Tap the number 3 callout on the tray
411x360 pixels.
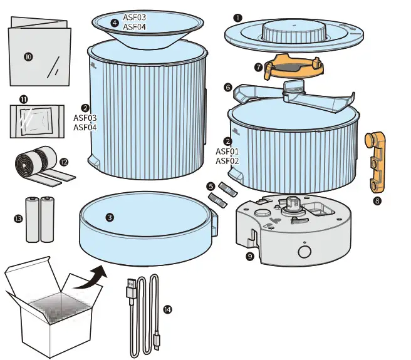(110, 217)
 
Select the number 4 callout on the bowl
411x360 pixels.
(114, 23)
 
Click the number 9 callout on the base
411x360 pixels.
(250, 255)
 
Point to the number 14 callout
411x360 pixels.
(167, 309)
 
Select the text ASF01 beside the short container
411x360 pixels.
(227, 152)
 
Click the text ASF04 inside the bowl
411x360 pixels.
(135, 27)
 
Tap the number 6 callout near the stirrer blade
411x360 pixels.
(228, 88)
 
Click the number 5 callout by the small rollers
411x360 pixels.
(210, 186)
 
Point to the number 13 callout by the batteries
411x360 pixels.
(18, 219)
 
